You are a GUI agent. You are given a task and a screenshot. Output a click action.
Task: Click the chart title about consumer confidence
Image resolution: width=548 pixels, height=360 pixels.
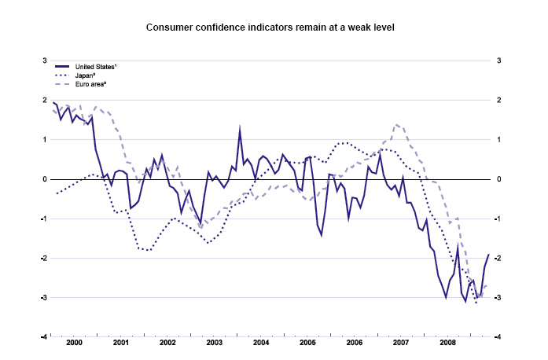(270, 28)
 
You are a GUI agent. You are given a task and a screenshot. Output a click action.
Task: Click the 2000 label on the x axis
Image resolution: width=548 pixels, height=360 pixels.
(75, 343)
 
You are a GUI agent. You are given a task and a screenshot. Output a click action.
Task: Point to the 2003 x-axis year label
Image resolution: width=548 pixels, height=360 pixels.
(214, 343)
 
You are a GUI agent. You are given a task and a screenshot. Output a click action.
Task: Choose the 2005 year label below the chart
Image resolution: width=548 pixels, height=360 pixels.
(307, 343)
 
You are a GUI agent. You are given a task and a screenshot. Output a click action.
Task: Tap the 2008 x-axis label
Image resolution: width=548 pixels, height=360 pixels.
(447, 343)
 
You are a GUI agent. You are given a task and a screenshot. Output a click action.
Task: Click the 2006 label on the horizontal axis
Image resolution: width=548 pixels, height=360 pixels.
(354, 343)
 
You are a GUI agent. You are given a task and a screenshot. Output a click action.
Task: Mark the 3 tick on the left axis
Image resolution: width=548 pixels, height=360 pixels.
(45, 61)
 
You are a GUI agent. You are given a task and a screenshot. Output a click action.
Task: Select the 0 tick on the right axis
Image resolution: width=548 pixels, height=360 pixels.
(500, 179)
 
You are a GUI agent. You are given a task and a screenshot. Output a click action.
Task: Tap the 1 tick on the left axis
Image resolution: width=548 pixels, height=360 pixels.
(45, 140)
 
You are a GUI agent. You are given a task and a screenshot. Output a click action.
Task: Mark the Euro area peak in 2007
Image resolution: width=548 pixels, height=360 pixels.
(396, 124)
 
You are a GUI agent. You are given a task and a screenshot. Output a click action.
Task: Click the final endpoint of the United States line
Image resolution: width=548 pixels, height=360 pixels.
(488, 254)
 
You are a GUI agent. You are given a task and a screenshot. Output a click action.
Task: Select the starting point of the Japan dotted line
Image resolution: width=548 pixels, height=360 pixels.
(57, 193)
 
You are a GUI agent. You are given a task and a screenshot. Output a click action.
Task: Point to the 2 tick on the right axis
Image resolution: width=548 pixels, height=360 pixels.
(500, 101)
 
